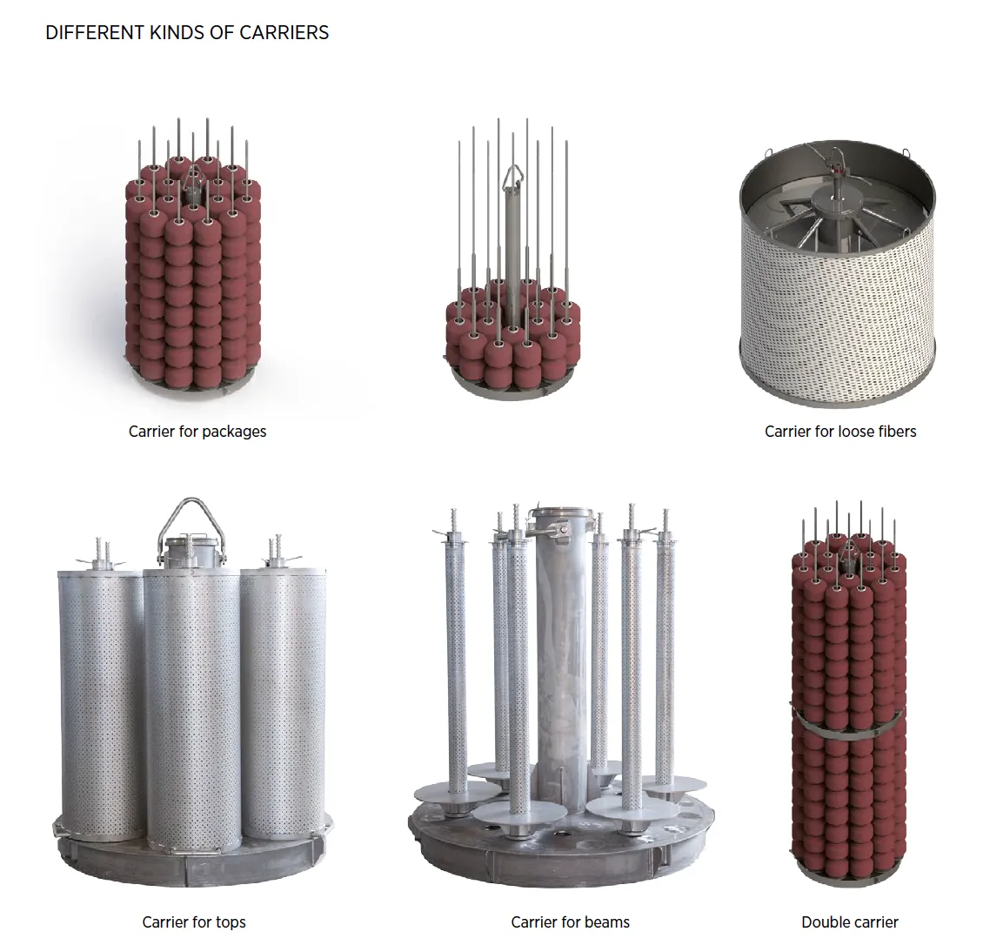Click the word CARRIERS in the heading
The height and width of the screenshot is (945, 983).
pyautogui.click(x=284, y=32)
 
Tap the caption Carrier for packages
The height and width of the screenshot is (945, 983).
pyautogui.click(x=197, y=432)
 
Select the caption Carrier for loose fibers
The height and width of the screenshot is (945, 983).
pyautogui.click(x=840, y=432)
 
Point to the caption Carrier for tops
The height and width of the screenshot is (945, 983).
pyautogui.click(x=194, y=922)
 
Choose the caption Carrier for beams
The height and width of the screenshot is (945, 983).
pyautogui.click(x=570, y=922)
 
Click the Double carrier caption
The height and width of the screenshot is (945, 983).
pyautogui.click(x=849, y=922)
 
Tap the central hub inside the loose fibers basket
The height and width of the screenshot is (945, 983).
pyautogui.click(x=837, y=202)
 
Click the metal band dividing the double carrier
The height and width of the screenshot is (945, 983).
pyautogui.click(x=849, y=725)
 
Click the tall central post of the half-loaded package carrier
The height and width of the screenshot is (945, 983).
pyautogui.click(x=513, y=245)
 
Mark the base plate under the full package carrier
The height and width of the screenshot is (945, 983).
pyautogui.click(x=194, y=384)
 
